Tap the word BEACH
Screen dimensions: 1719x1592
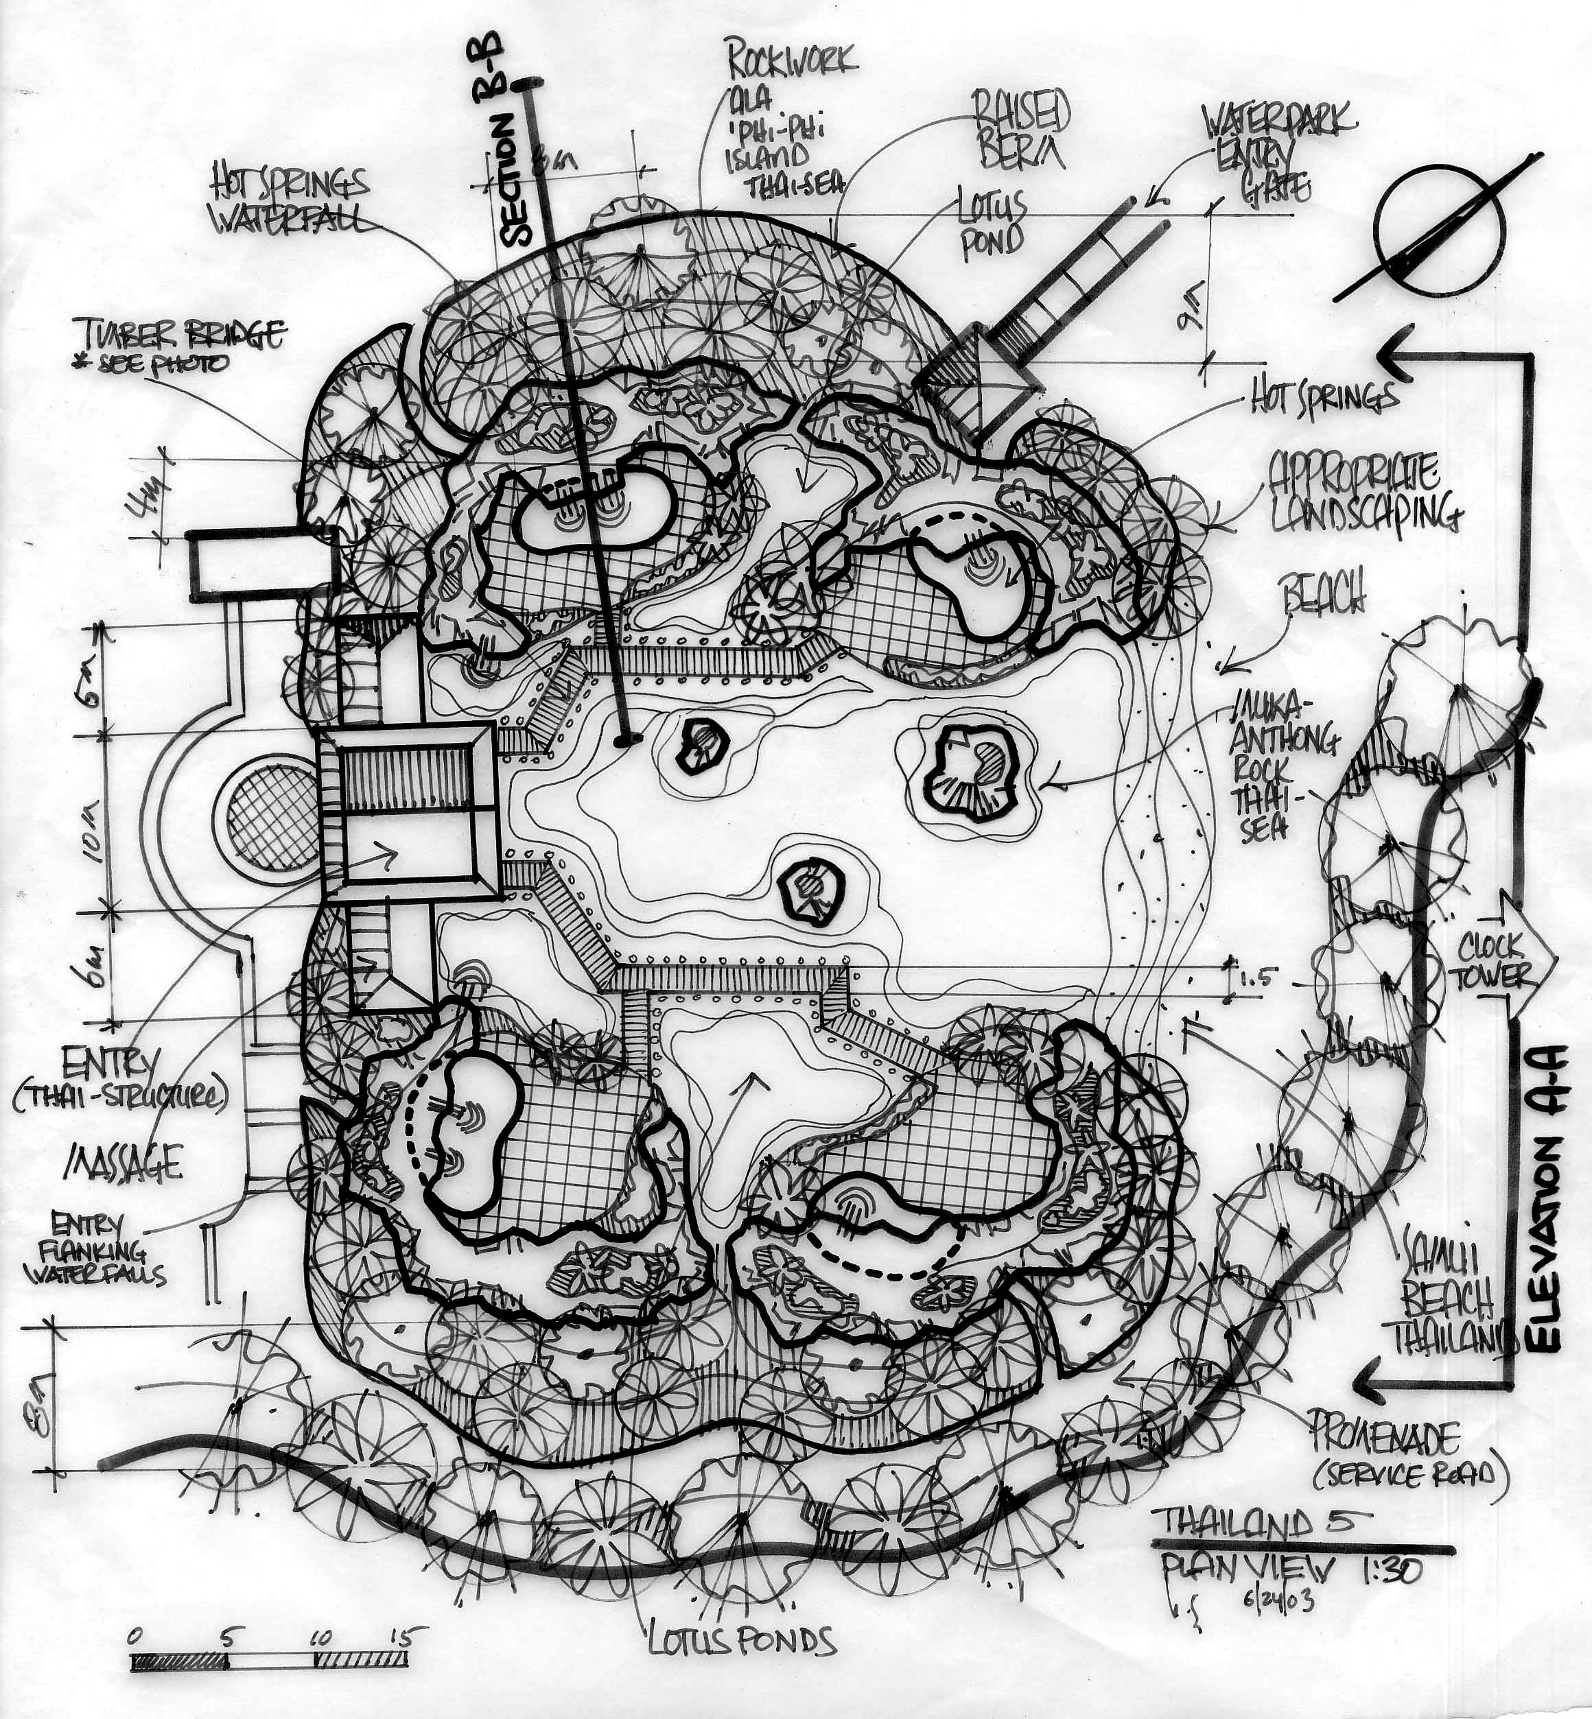[1323, 593]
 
